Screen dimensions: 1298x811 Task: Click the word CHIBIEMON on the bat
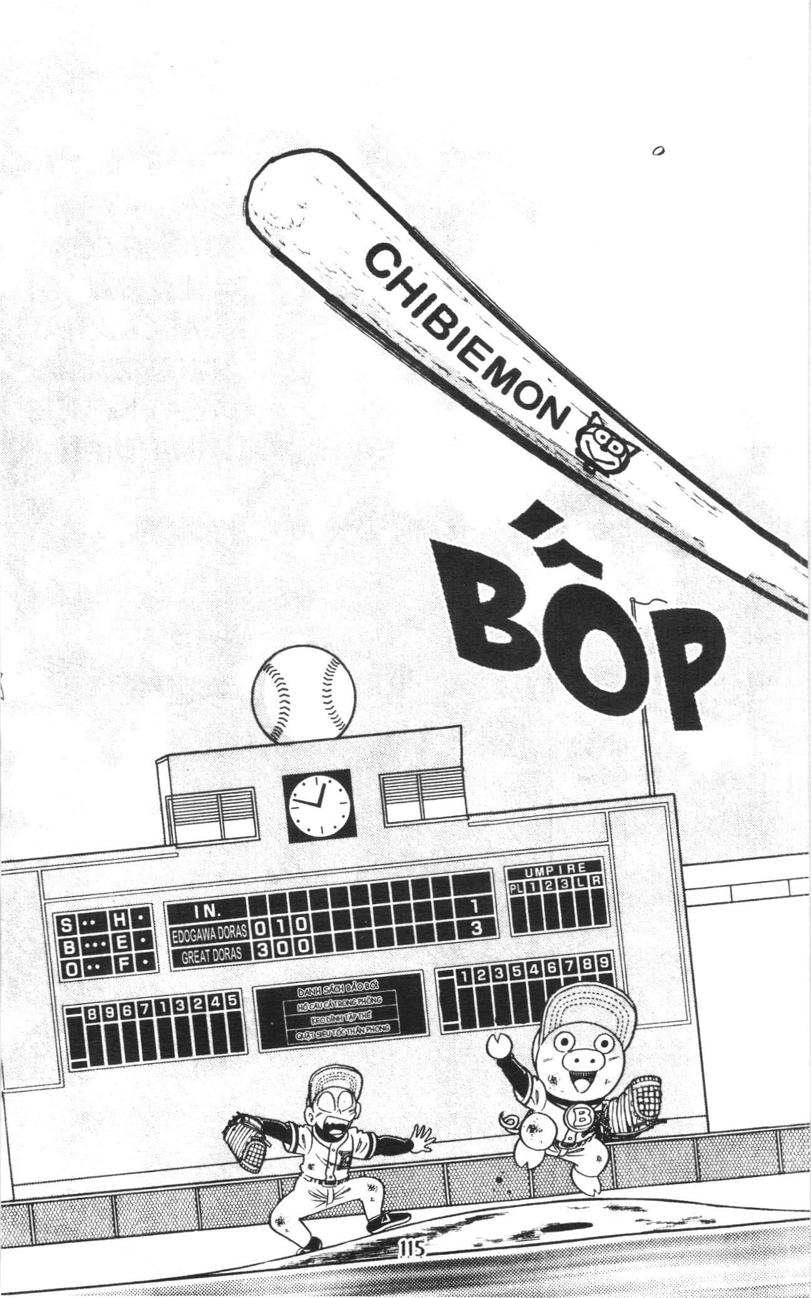(x=467, y=335)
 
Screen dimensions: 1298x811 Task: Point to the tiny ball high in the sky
(x=658, y=151)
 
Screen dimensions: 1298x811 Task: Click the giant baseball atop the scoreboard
(x=304, y=694)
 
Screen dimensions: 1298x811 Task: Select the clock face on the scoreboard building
(x=319, y=805)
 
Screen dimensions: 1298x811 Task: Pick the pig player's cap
(x=589, y=1007)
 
